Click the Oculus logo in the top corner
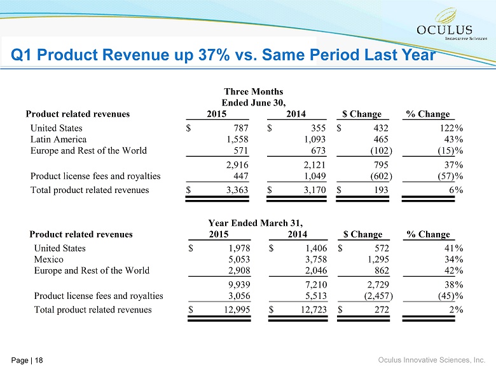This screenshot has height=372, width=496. [x=444, y=25]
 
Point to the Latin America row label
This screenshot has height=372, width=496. [x=59, y=139]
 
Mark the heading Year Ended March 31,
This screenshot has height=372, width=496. [x=255, y=223]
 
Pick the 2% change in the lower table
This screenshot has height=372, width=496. [x=455, y=310]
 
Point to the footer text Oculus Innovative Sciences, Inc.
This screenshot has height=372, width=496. [x=432, y=360]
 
